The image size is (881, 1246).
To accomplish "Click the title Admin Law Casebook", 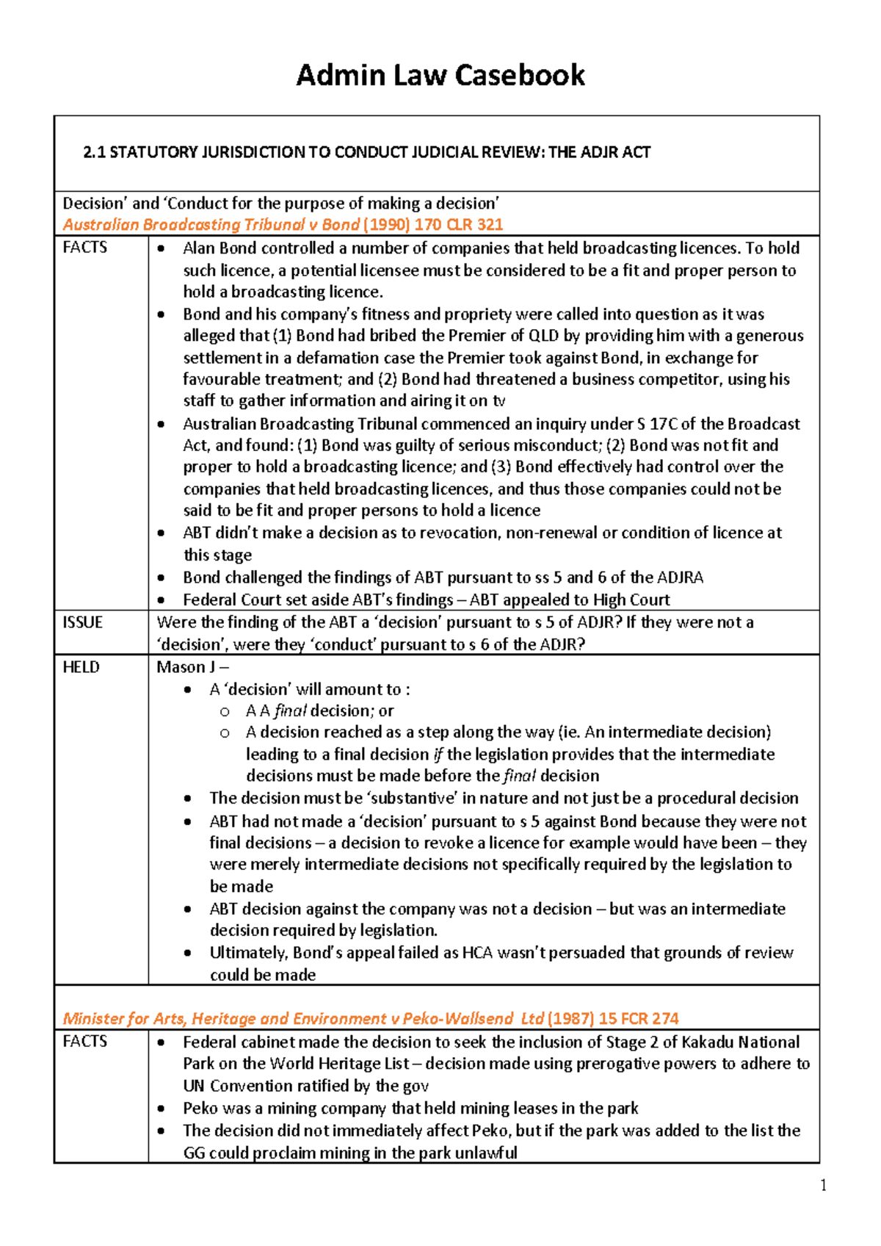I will coord(440,75).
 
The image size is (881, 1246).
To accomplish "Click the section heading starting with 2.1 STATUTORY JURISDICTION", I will coord(366,152).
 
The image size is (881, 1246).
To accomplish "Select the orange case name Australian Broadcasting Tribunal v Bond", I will coord(211,225).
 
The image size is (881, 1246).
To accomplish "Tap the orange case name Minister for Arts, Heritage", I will coord(302,1018).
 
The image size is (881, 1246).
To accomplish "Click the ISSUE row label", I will coord(82,622).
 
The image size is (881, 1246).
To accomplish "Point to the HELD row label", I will coord(81,667).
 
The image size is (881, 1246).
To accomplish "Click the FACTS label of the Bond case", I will coord(84,248).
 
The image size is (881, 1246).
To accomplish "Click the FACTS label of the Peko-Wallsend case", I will coord(84,1041).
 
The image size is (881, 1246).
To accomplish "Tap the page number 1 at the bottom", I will coord(824,1185).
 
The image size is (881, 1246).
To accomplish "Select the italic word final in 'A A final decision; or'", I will coord(290,710).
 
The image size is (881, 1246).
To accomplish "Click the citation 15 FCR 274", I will coord(638,1018).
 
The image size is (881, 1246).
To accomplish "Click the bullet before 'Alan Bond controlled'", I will coord(161,249).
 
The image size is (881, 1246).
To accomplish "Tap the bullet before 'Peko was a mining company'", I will coord(161,1109).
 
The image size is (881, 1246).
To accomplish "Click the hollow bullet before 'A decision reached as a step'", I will coord(225,732).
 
